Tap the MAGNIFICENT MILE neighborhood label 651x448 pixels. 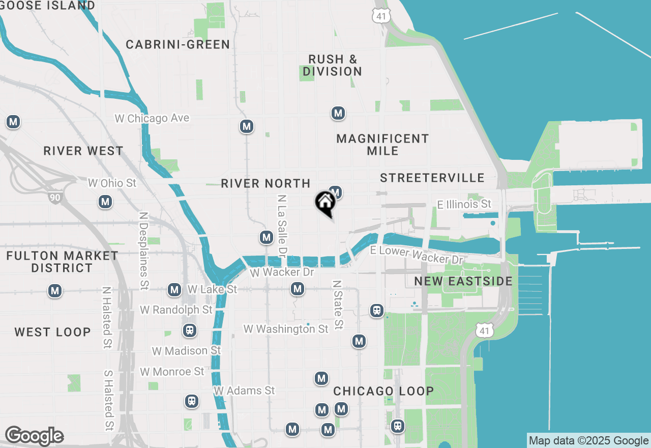click(382, 145)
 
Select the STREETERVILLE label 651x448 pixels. click(432, 178)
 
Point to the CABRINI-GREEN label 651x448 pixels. click(178, 45)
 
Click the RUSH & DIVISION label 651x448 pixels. click(333, 66)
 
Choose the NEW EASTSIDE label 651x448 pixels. click(463, 281)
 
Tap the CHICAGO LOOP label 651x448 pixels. click(383, 391)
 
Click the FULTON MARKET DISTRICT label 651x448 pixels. click(62, 262)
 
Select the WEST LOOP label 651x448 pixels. click(52, 332)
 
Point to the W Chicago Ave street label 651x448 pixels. click(152, 118)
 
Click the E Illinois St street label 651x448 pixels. click(464, 204)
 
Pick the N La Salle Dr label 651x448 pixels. click(282, 225)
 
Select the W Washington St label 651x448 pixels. click(286, 329)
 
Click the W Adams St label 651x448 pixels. click(244, 390)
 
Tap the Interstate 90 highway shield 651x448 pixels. click(55, 197)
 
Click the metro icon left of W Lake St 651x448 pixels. click(174, 290)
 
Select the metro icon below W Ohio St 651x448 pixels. click(105, 202)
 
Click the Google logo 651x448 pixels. click(34, 436)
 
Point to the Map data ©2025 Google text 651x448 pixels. click(588, 441)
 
